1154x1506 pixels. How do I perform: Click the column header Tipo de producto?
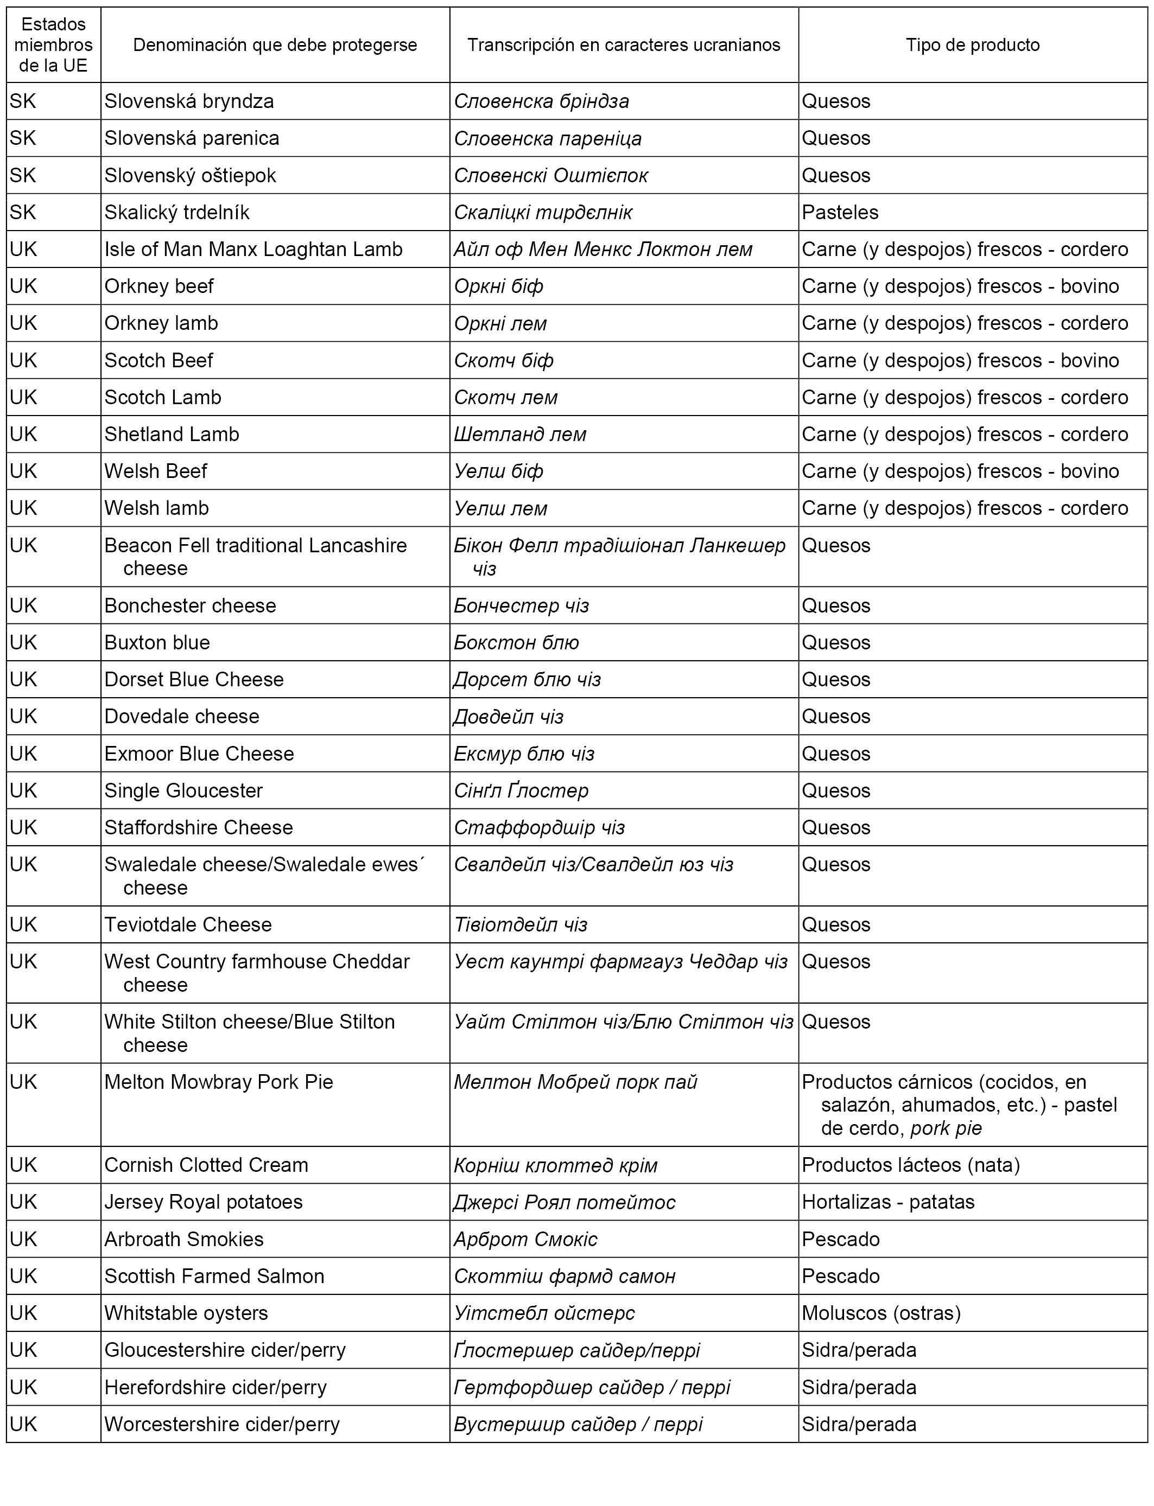pos(972,46)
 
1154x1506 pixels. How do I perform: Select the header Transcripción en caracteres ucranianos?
pos(623,46)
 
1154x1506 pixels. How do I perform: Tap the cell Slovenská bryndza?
pos(189,101)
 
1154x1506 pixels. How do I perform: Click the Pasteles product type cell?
pos(840,212)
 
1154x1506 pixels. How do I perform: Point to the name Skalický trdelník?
pos(176,212)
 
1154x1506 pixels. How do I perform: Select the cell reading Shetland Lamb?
pos(172,435)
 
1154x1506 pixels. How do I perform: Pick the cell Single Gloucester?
pos(183,791)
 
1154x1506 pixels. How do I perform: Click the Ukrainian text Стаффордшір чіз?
pos(539,828)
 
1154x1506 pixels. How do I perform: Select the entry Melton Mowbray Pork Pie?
pos(218,1082)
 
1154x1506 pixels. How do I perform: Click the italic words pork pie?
pos(946,1128)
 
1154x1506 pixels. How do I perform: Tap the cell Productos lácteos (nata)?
pos(910,1165)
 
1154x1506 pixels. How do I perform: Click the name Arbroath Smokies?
pos(183,1240)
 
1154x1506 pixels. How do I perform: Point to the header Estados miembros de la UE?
pos(54,46)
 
